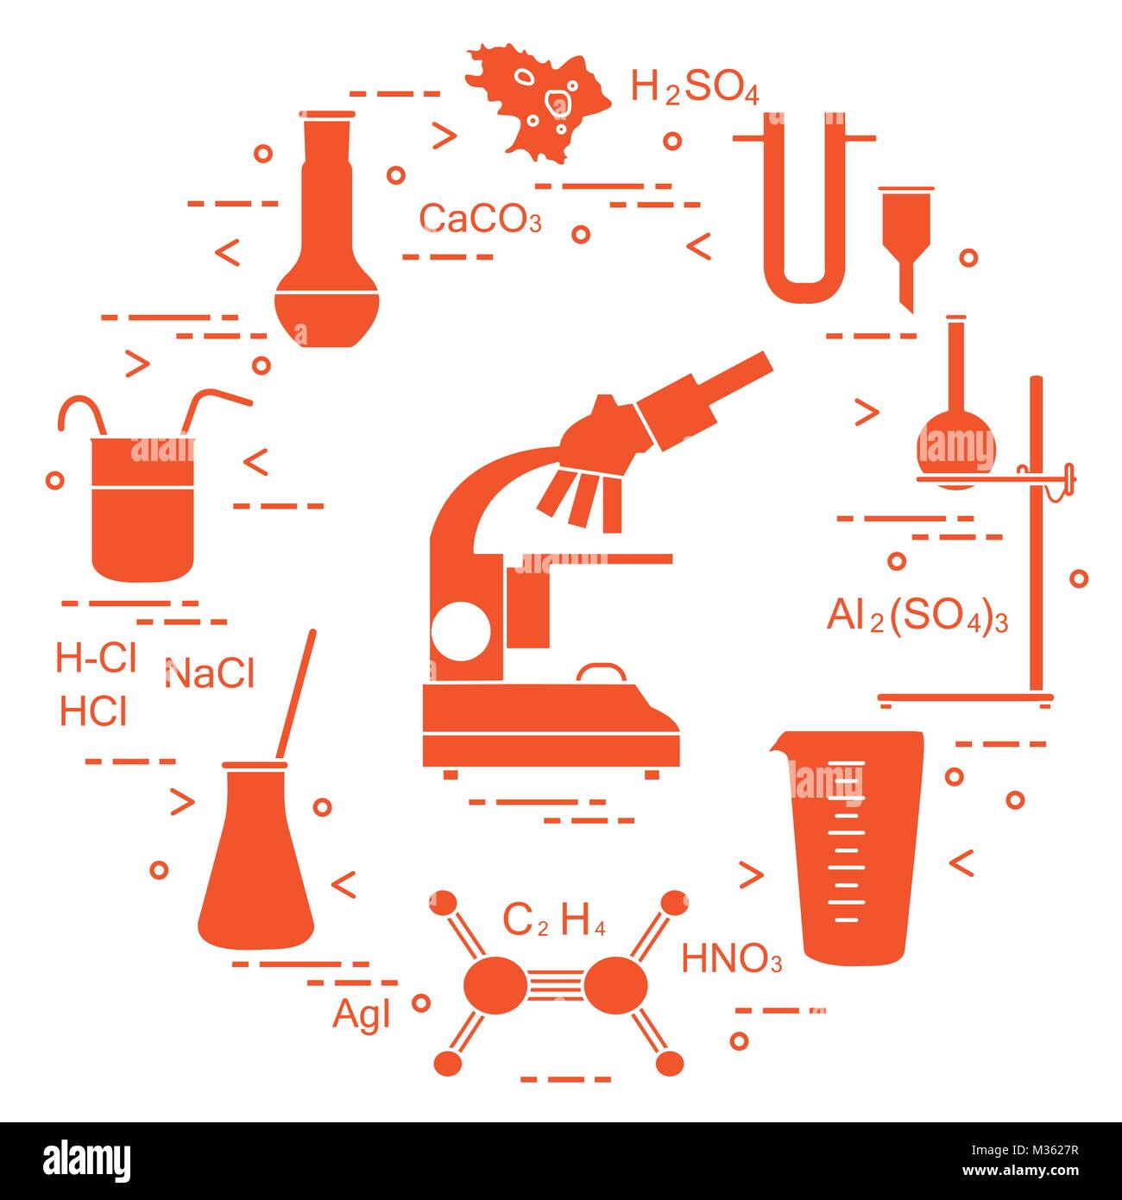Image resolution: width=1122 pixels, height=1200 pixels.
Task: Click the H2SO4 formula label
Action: pos(695,88)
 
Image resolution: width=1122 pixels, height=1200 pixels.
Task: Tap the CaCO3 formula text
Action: pos(480,219)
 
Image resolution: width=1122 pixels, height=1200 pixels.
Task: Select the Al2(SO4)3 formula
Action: pos(917,618)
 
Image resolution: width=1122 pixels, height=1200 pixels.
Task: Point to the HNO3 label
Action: pos(732,959)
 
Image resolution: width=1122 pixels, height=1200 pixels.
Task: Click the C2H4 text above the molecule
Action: pos(553,922)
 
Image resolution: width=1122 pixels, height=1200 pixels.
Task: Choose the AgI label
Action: pos(362,1015)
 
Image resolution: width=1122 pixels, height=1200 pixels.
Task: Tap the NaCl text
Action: pos(209,673)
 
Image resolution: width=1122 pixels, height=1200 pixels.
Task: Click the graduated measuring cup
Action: pos(851,846)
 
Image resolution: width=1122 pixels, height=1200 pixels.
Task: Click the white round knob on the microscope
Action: pos(459,630)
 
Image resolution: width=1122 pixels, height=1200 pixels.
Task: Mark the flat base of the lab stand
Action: pos(965,698)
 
